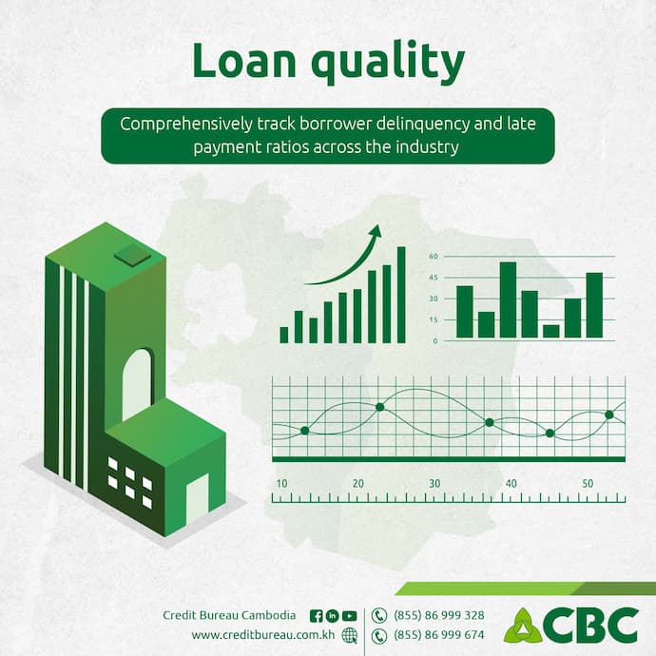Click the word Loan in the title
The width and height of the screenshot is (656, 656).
click(239, 62)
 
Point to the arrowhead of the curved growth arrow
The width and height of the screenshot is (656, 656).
click(376, 231)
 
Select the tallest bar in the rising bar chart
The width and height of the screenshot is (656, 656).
click(401, 294)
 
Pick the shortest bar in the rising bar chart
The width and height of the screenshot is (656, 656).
click(283, 335)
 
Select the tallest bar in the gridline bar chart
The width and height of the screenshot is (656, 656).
click(508, 299)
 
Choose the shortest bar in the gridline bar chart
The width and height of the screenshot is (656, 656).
click(551, 331)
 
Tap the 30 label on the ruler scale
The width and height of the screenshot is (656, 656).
click(434, 484)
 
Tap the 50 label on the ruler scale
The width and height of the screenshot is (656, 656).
click(588, 484)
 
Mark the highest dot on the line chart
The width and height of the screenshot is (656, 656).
click(379, 407)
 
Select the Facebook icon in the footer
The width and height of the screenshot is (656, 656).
click(317, 615)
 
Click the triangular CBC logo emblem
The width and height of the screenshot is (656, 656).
click(523, 625)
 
